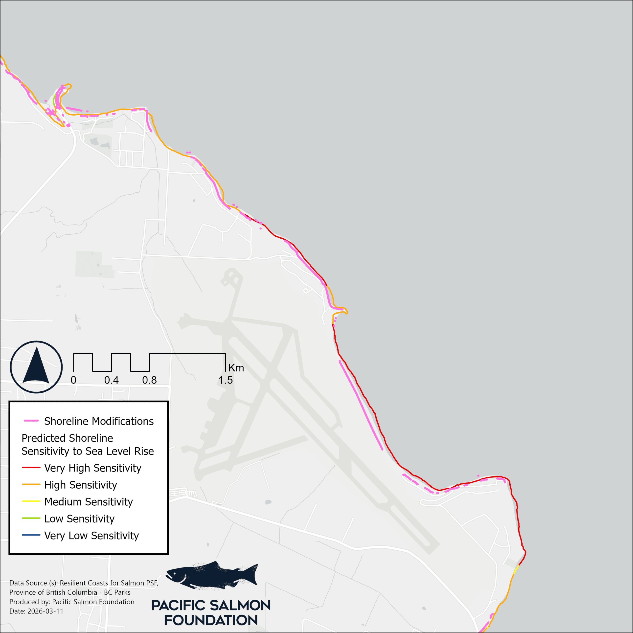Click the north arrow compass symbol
pos(36,367)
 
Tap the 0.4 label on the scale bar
pos(112,380)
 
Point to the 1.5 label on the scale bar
pos(226,380)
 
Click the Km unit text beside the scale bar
pos(236,368)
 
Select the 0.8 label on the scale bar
pos(149,380)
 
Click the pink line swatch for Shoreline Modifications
pos(31,421)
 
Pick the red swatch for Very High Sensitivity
pos(31,468)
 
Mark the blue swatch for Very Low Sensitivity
pos(31,535)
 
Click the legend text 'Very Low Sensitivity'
pos(91,535)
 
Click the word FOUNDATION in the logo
pos(211,620)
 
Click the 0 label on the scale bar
pos(73,380)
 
